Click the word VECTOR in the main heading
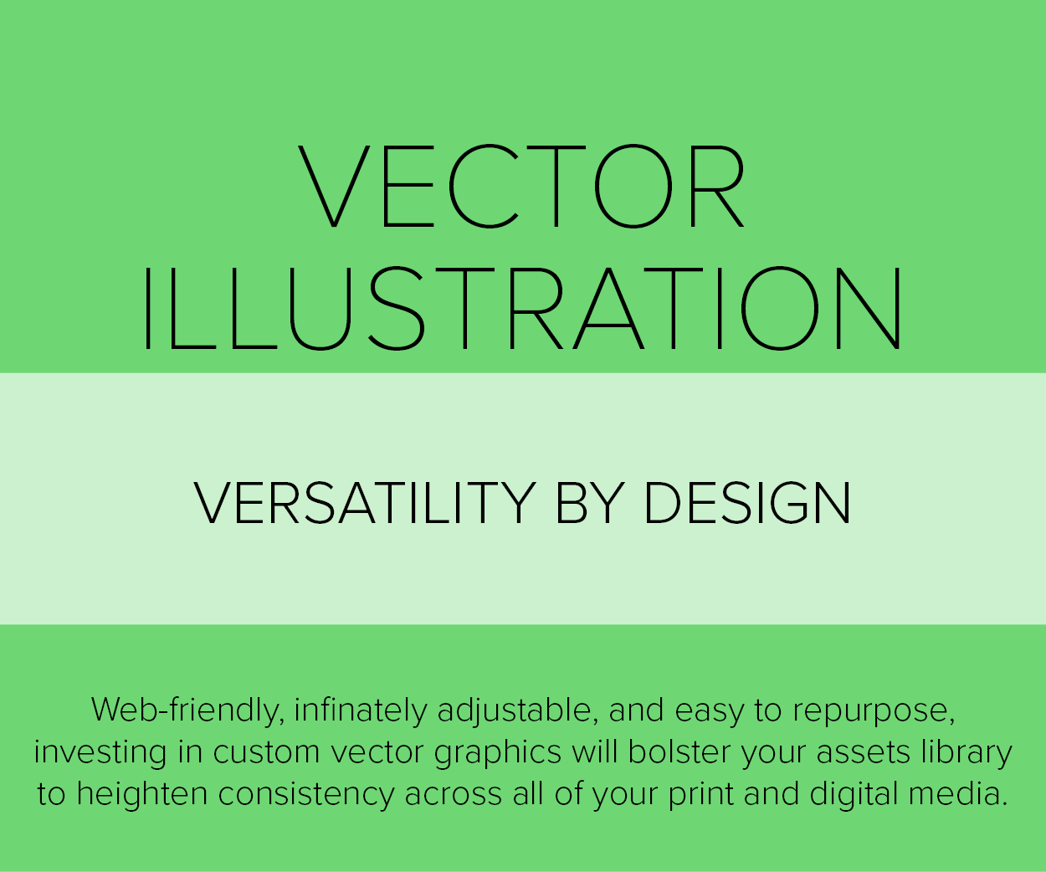(521, 186)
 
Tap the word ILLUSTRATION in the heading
(523, 308)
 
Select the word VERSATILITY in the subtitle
(365, 503)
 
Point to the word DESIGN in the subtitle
(748, 503)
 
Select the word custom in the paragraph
(266, 753)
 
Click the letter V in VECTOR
(334, 187)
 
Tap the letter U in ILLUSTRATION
(320, 309)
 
